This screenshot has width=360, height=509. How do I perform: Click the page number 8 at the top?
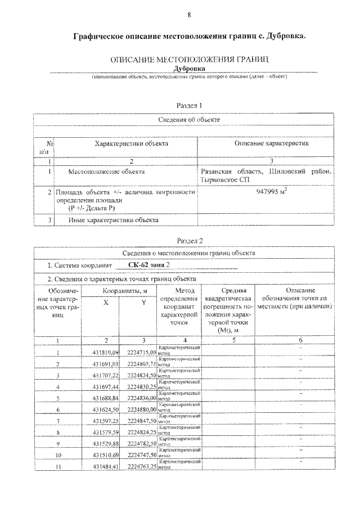189,15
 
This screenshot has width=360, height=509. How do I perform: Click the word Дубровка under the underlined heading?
190,68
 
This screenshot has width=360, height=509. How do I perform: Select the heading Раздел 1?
189,105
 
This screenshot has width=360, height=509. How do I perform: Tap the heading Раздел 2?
189,240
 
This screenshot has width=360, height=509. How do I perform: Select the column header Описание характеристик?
271,144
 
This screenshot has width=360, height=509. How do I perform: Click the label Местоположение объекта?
106,172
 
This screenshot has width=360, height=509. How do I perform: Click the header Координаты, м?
124,291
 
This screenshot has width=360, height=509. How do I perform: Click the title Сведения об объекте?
189,120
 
